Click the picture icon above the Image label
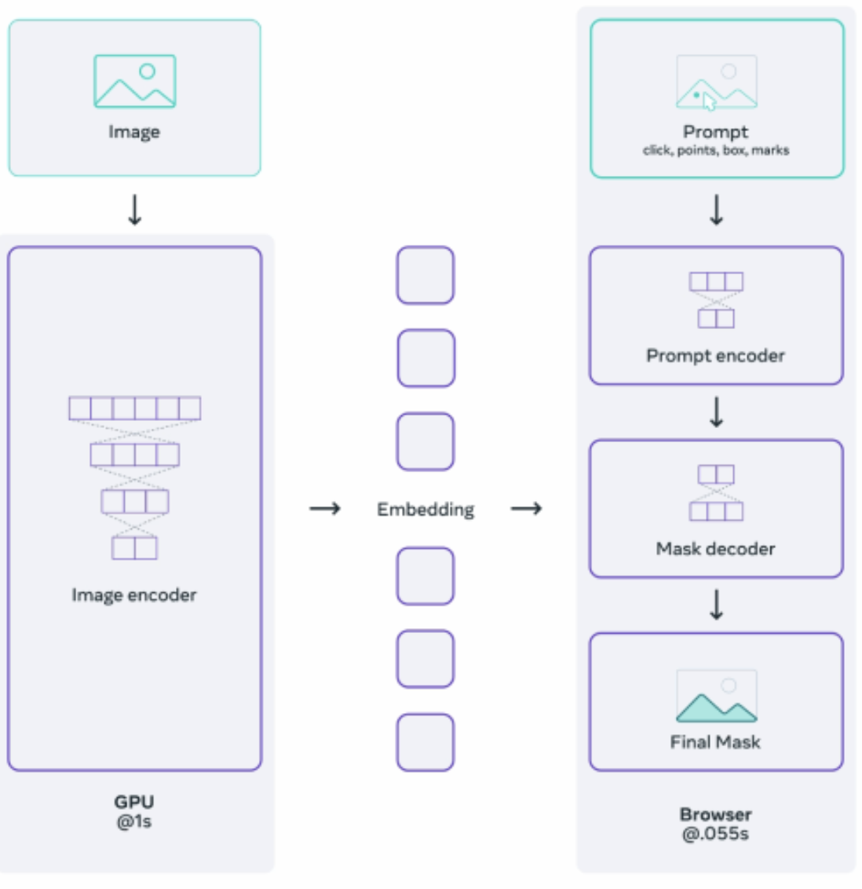click(134, 81)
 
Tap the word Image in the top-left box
click(134, 132)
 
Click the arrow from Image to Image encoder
click(135, 210)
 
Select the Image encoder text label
click(134, 595)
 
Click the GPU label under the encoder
click(134, 802)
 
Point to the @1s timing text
click(134, 821)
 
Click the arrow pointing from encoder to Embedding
click(324, 509)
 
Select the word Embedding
click(426, 510)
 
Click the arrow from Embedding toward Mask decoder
click(526, 509)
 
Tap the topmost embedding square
click(426, 276)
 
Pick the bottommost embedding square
click(426, 742)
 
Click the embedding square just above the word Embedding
click(426, 441)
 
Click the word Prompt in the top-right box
click(716, 132)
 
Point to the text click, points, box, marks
click(716, 150)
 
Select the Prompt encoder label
click(716, 356)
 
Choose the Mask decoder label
click(716, 549)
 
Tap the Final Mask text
click(716, 742)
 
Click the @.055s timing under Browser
click(716, 834)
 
